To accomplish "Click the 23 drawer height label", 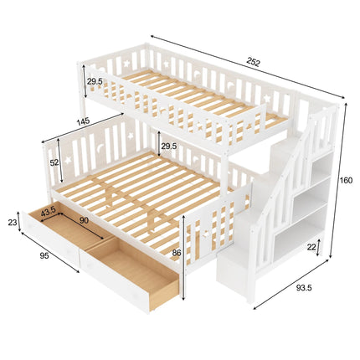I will coord(11,223).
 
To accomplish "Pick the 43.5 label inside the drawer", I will coord(49,211).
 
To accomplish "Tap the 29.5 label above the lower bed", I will coord(169,146).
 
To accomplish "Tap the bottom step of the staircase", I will coord(239,266).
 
